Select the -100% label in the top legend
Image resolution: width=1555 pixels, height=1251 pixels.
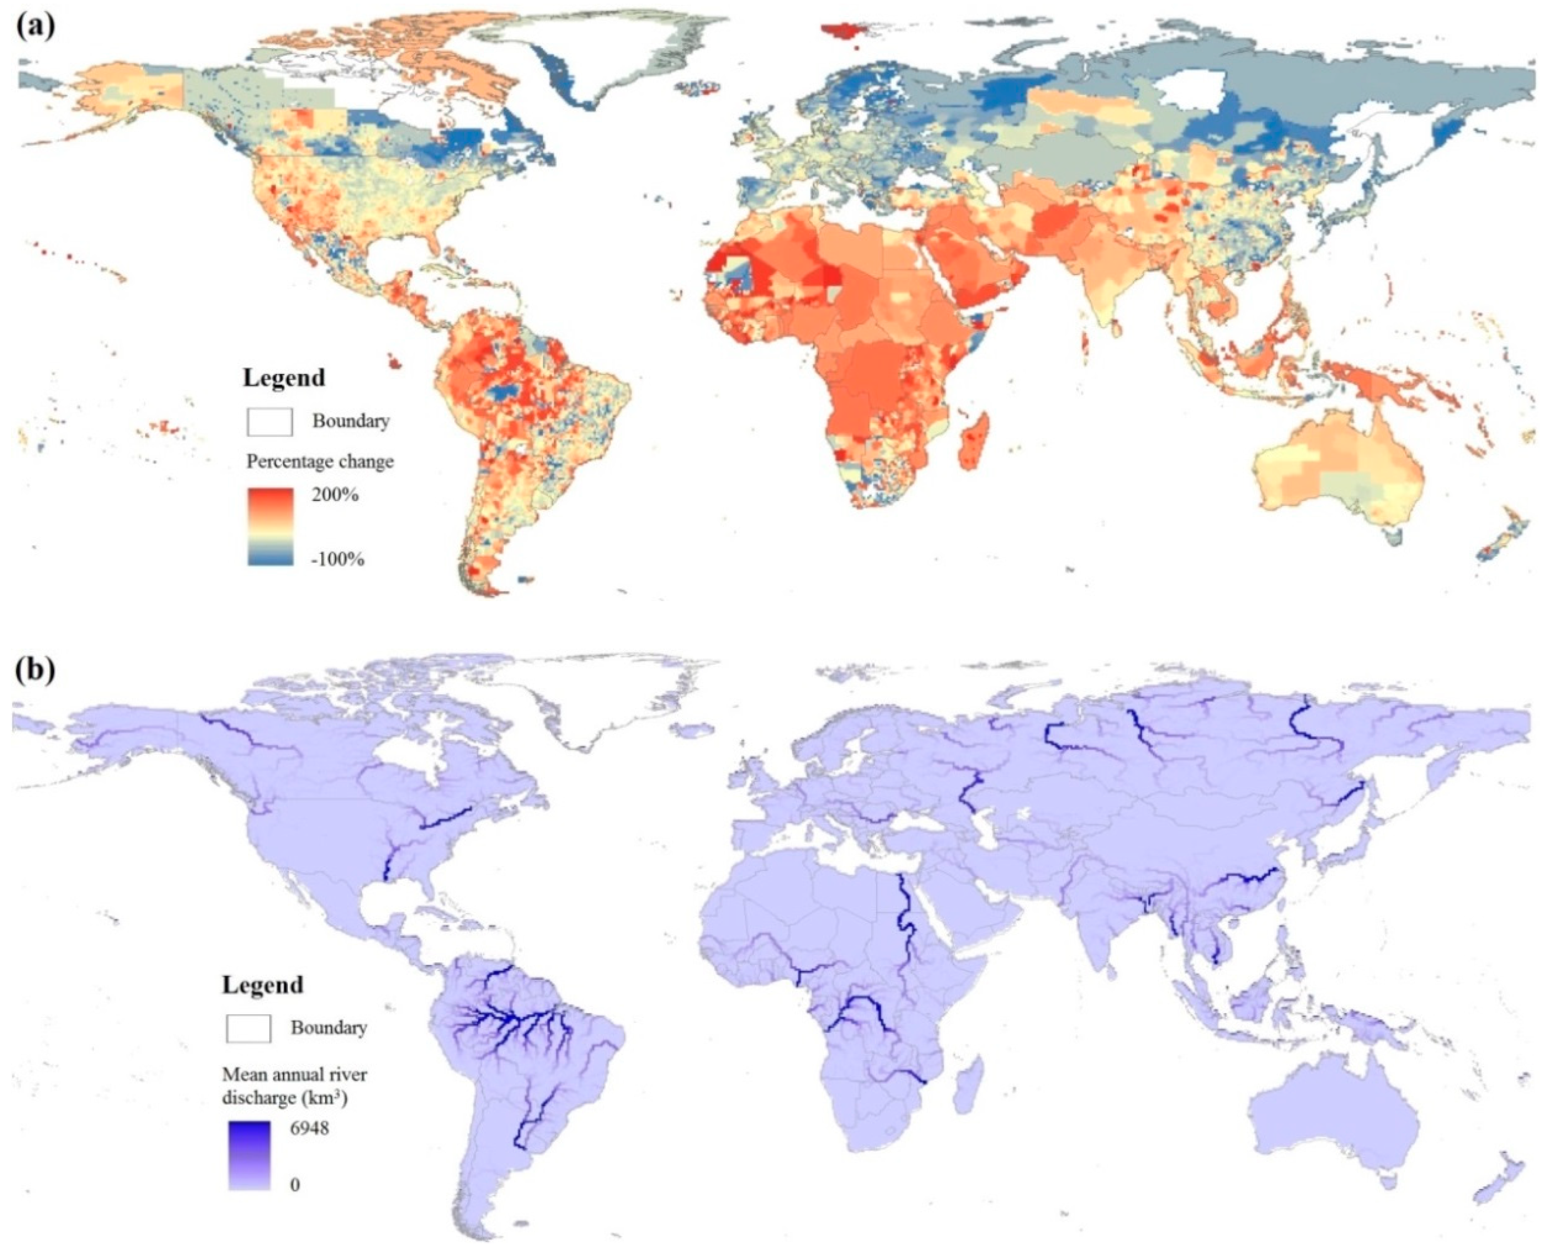pos(338,559)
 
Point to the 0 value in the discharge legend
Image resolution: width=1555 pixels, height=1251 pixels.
pos(295,1184)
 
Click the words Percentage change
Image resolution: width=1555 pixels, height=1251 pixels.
pos(320,461)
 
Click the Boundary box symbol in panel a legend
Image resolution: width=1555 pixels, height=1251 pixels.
pos(270,422)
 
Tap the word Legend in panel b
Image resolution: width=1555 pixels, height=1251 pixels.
pos(262,985)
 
